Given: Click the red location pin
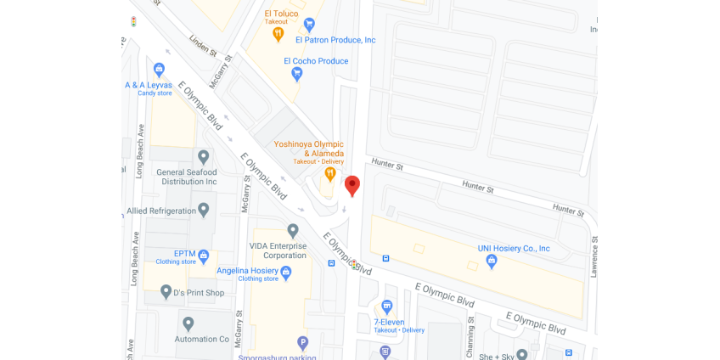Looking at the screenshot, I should coord(352,185).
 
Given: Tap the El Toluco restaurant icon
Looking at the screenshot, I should coord(278,34).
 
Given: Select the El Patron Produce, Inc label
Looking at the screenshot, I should coord(335,40).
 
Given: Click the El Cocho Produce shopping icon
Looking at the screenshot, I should coord(296,74).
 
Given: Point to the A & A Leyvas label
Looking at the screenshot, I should coord(149,85).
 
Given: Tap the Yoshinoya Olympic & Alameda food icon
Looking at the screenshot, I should coord(330,174).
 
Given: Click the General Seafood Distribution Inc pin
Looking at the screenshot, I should coord(203,157).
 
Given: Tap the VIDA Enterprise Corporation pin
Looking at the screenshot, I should coord(293,230).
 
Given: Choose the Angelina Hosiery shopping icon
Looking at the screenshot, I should coord(285,273).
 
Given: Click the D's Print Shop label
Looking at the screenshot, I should coord(199,293).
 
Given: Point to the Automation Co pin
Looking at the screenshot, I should coord(188,323).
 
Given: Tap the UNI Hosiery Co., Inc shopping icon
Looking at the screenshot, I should coord(491,262).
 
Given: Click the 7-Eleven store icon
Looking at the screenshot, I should coord(387,307).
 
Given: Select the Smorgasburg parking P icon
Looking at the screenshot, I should coord(302,343).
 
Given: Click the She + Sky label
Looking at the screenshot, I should coord(496,356).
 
